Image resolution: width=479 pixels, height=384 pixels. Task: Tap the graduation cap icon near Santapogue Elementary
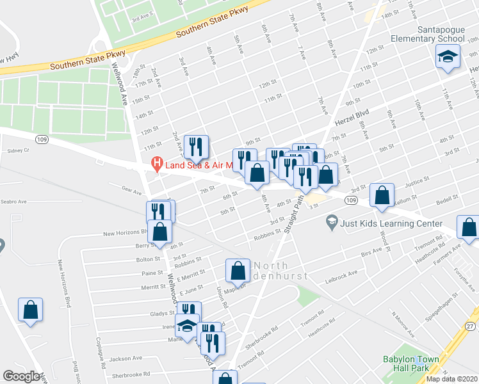[x=448, y=57]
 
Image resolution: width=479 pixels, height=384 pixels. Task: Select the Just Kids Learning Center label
[x=392, y=223]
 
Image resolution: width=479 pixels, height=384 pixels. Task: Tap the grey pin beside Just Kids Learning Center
[x=331, y=223]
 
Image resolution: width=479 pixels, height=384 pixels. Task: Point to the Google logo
[x=21, y=376]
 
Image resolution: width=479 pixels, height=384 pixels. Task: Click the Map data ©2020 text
[x=451, y=379]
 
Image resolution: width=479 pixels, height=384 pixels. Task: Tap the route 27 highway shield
[x=471, y=326]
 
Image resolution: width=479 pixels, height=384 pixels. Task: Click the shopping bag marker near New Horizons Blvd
[x=161, y=232]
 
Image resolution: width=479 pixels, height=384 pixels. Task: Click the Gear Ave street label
[x=131, y=189]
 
